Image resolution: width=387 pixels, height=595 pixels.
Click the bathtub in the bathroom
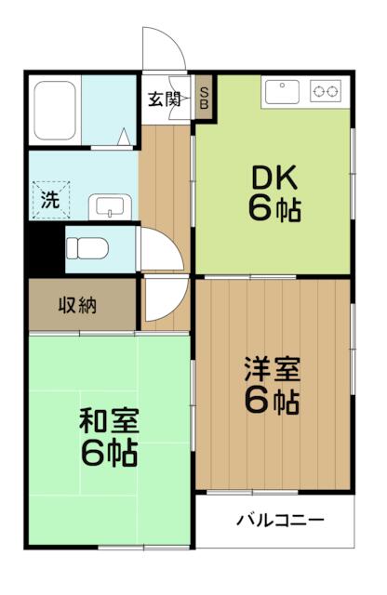click(x=56, y=111)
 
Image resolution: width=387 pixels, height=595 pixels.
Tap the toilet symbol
click(x=87, y=248)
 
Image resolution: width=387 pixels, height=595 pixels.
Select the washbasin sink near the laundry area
click(x=110, y=207)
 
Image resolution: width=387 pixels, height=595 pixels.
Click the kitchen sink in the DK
click(x=282, y=92)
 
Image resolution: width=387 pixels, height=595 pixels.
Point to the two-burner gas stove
click(x=325, y=91)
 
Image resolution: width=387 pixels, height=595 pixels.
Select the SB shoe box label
click(x=204, y=99)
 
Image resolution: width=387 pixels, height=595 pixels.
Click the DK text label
click(x=274, y=178)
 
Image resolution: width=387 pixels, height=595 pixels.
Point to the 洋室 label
click(x=273, y=369)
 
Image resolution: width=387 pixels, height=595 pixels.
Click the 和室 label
click(x=109, y=420)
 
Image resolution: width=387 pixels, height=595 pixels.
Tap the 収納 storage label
click(x=77, y=305)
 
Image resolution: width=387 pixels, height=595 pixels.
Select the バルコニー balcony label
click(x=280, y=520)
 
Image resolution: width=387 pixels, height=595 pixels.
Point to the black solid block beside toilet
click(x=45, y=248)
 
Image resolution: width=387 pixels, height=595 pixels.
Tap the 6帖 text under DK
click(x=274, y=209)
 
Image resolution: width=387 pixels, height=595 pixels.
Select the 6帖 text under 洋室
click(x=272, y=401)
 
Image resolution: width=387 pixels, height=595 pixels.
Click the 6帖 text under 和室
click(x=109, y=453)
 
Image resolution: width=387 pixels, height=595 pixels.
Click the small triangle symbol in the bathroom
click(x=124, y=137)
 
